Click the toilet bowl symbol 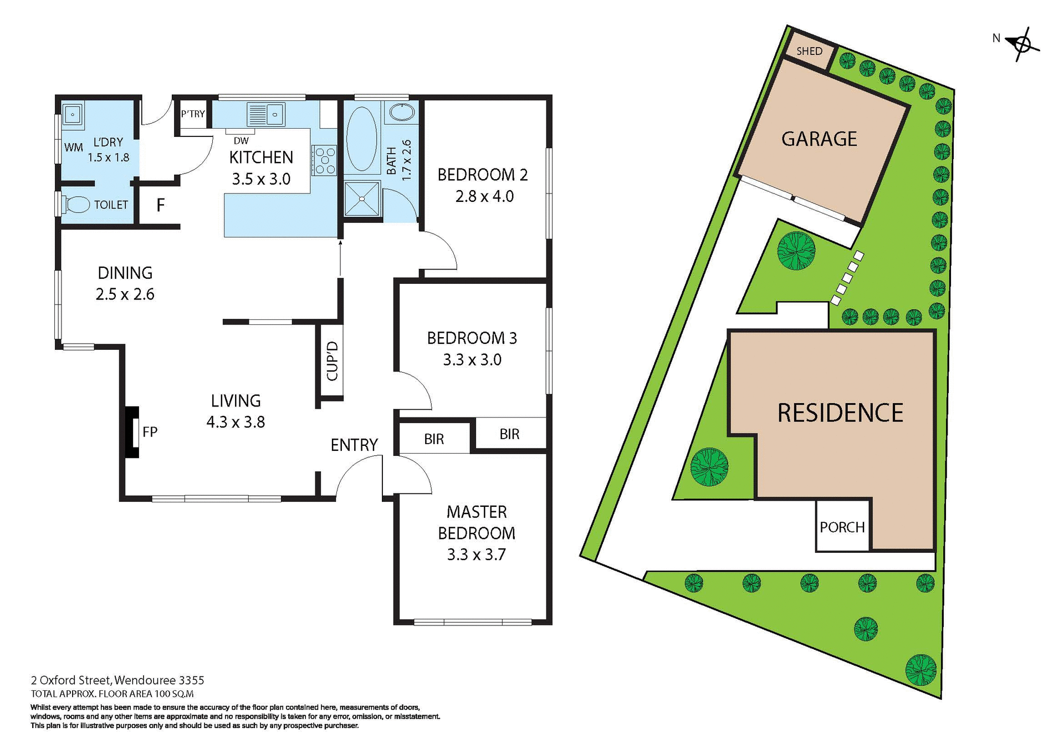click(76, 205)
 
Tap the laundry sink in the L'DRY click(73, 115)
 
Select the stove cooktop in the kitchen click(325, 160)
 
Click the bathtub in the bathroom click(361, 139)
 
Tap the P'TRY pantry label click(193, 114)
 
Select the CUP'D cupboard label click(332, 361)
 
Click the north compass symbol click(1022, 44)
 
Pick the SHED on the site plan click(809, 52)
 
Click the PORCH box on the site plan click(842, 527)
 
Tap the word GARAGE click(819, 139)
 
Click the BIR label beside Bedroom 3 click(509, 434)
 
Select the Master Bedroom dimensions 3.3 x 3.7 click(476, 554)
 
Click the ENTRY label click(354, 445)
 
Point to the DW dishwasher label click(241, 141)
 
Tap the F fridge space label click(160, 206)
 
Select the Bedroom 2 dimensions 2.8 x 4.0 click(484, 196)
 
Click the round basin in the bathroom click(401, 112)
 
